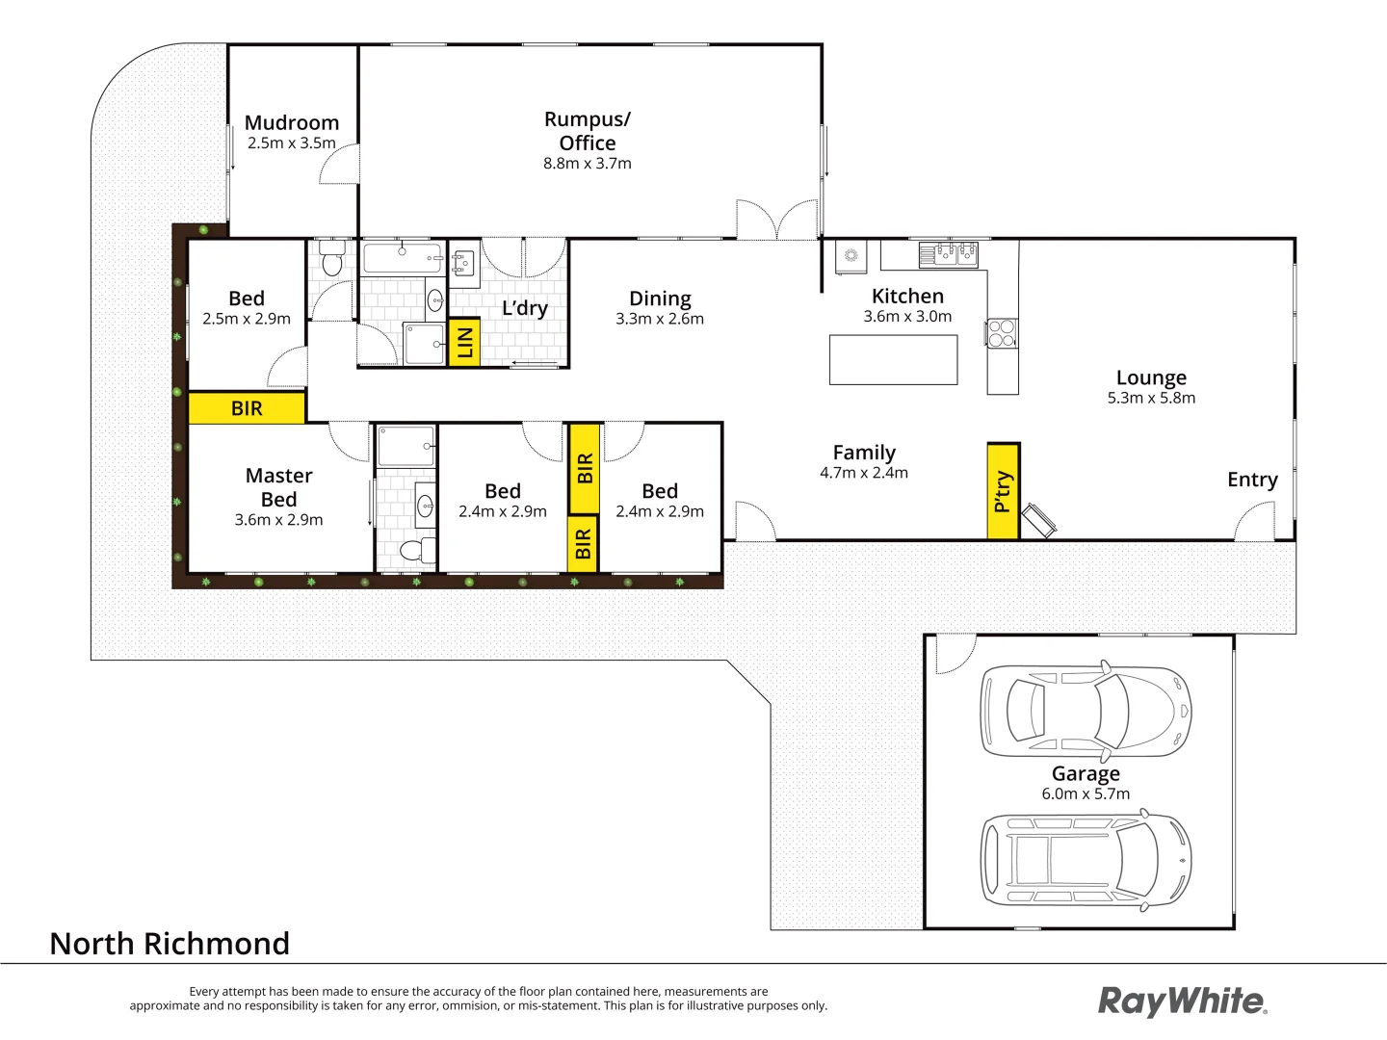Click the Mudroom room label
tap(292, 123)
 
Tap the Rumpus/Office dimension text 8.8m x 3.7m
tap(588, 164)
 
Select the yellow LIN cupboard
tap(464, 342)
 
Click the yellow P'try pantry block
tap(1003, 491)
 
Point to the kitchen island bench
tap(893, 360)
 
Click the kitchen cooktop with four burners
tap(1002, 333)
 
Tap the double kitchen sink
tap(948, 254)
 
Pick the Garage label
tap(1086, 774)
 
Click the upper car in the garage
tap(1086, 711)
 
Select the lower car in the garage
tap(1086, 860)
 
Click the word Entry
tap(1252, 480)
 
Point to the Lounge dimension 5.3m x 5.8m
tap(1151, 399)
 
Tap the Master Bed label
tap(278, 487)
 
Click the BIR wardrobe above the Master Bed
tap(247, 408)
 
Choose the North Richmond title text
tap(170, 944)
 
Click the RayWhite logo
tap(1183, 1001)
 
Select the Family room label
tap(864, 453)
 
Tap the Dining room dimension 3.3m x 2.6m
tap(660, 320)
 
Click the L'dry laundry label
tap(525, 308)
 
